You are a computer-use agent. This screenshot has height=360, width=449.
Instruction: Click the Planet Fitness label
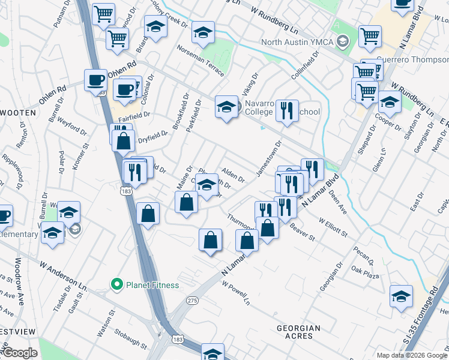(x=152, y=284)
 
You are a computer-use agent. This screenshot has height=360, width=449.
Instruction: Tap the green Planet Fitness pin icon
(x=116, y=284)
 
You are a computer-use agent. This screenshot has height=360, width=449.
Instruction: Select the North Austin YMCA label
(x=297, y=42)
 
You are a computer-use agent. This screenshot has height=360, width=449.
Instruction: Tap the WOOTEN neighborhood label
(x=19, y=112)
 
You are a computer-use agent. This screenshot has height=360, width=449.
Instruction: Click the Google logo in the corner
(x=20, y=353)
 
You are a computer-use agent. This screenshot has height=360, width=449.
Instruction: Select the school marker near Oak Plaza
(x=401, y=296)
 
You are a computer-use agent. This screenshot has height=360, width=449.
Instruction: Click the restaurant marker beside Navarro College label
(x=288, y=110)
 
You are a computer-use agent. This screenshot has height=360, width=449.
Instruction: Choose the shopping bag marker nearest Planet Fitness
(x=148, y=213)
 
